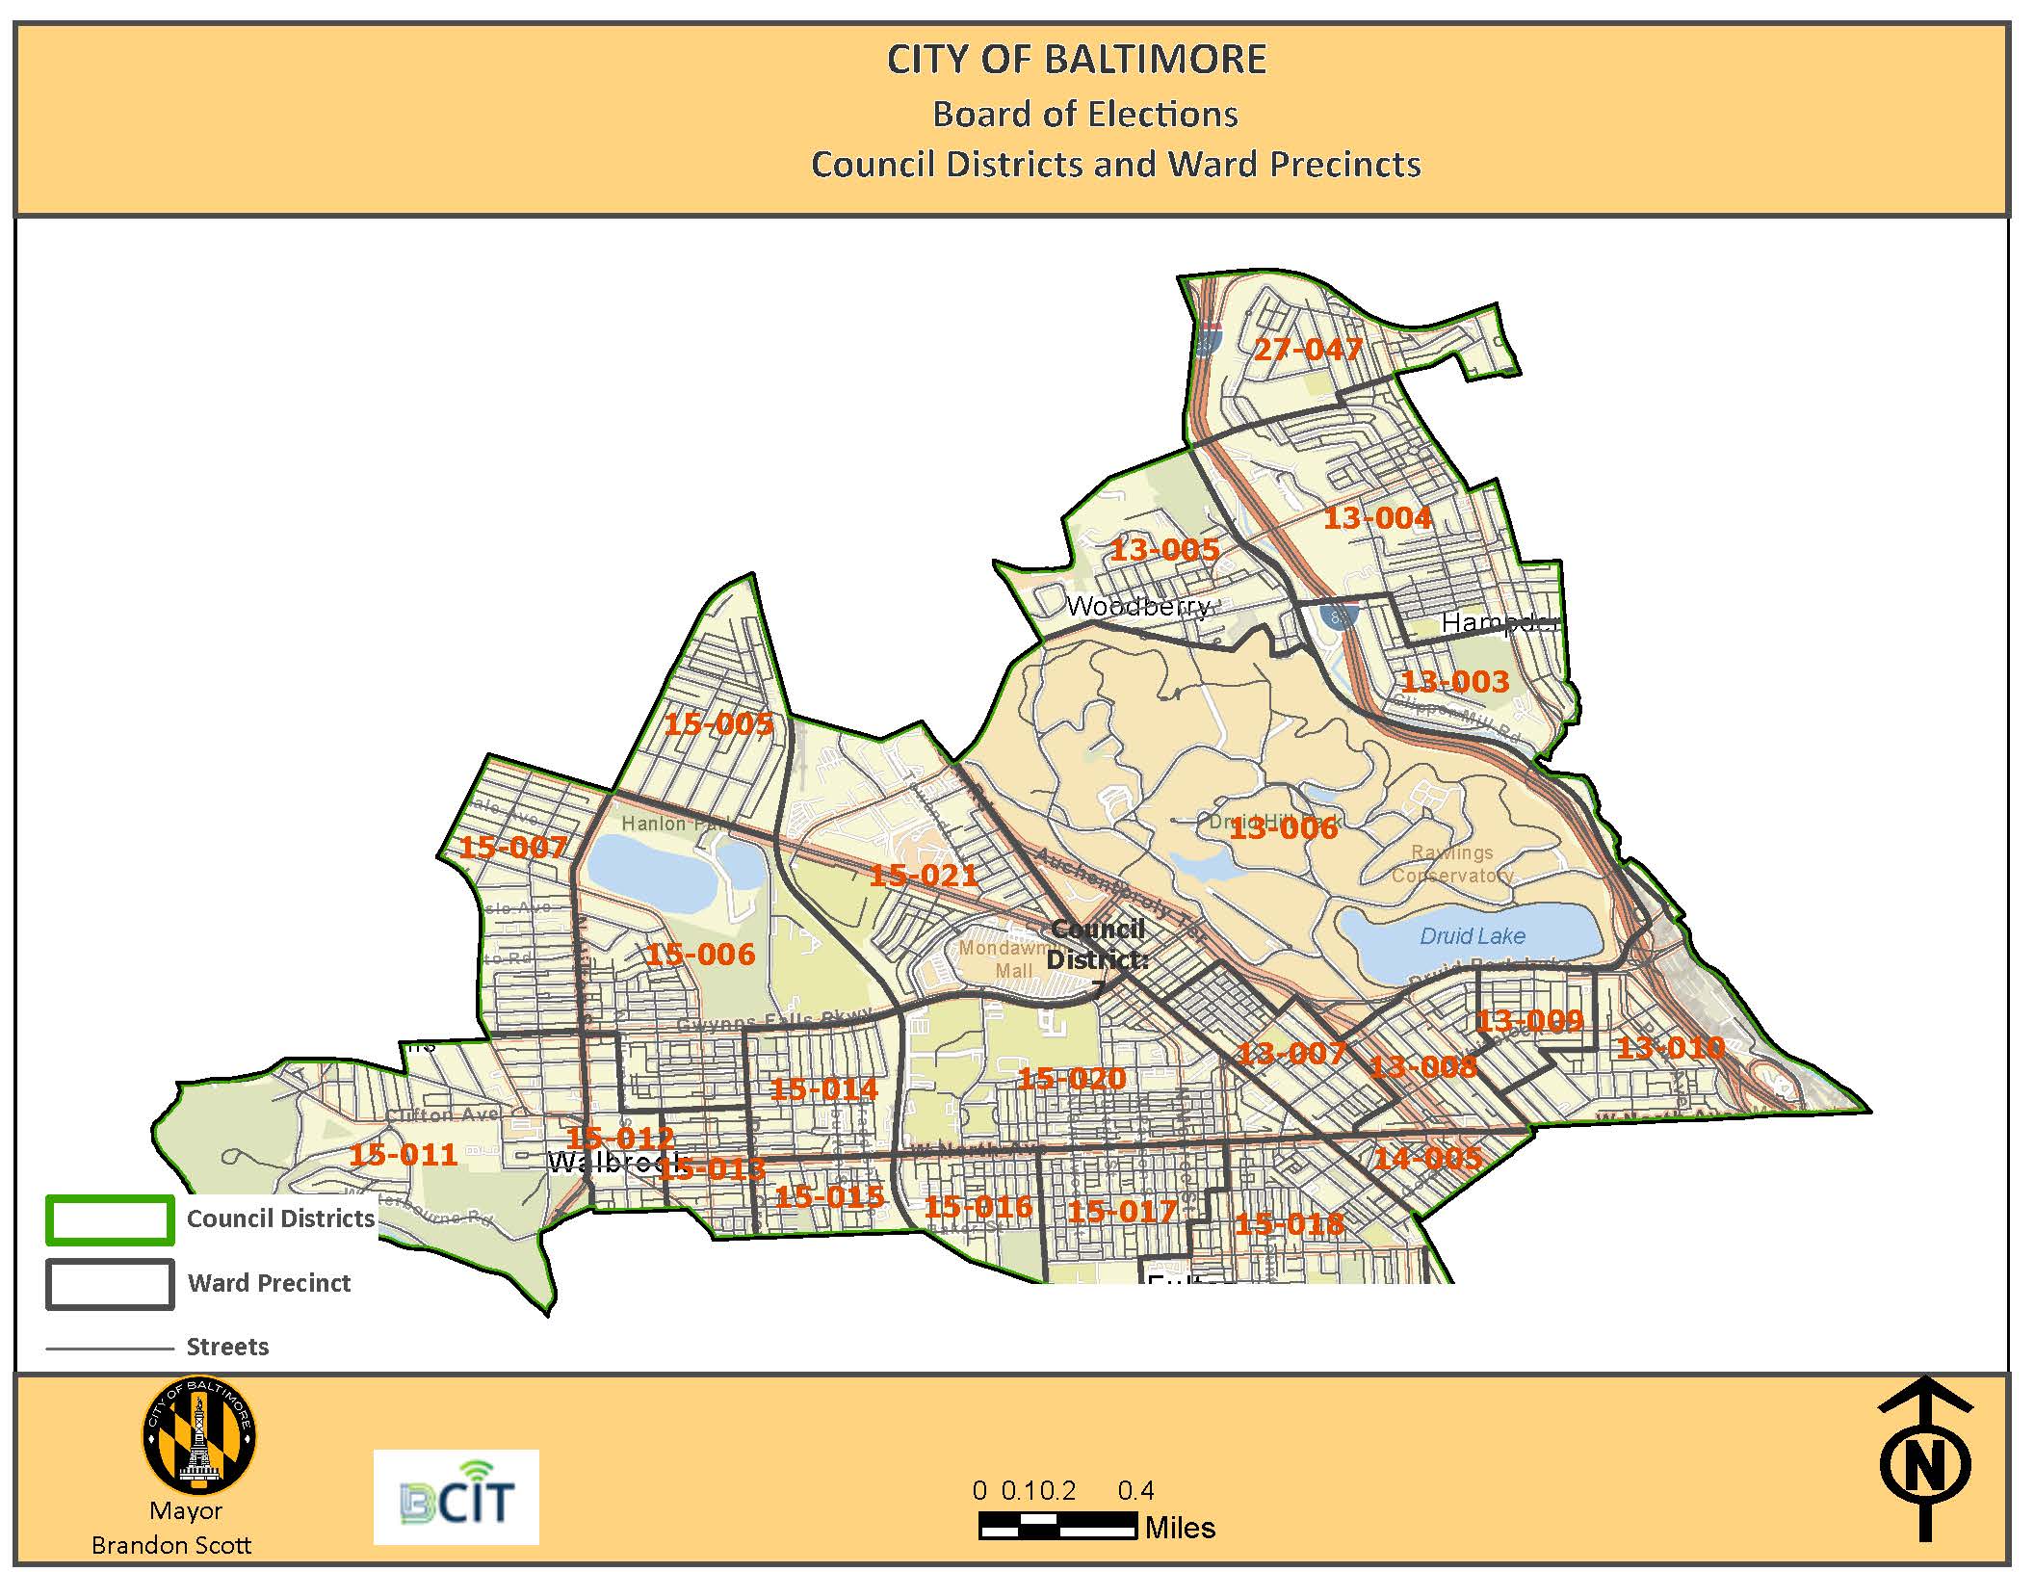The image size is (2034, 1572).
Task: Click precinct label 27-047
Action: point(1307,349)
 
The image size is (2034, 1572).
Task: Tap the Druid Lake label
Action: point(1472,935)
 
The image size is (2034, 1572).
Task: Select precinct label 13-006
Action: point(1283,827)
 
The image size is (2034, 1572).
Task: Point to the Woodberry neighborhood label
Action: point(1137,606)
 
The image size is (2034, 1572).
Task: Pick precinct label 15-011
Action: point(403,1154)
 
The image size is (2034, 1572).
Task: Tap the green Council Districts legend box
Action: point(110,1219)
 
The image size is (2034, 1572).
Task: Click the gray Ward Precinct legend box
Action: point(110,1284)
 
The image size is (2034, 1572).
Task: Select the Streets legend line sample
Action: point(110,1349)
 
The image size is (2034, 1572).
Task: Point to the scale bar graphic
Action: point(1057,1526)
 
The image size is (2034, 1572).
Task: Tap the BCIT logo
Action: point(456,1497)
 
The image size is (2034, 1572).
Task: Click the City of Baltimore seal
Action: point(199,1436)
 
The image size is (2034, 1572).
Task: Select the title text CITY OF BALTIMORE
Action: point(1076,60)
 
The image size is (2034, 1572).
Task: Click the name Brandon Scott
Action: point(171,1545)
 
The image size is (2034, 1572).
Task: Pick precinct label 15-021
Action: point(923,876)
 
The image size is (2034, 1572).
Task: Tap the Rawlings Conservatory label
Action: point(1451,864)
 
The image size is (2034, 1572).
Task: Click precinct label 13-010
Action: point(1669,1047)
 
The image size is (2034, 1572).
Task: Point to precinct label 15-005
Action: point(718,723)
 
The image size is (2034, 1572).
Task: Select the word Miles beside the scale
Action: point(1180,1528)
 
